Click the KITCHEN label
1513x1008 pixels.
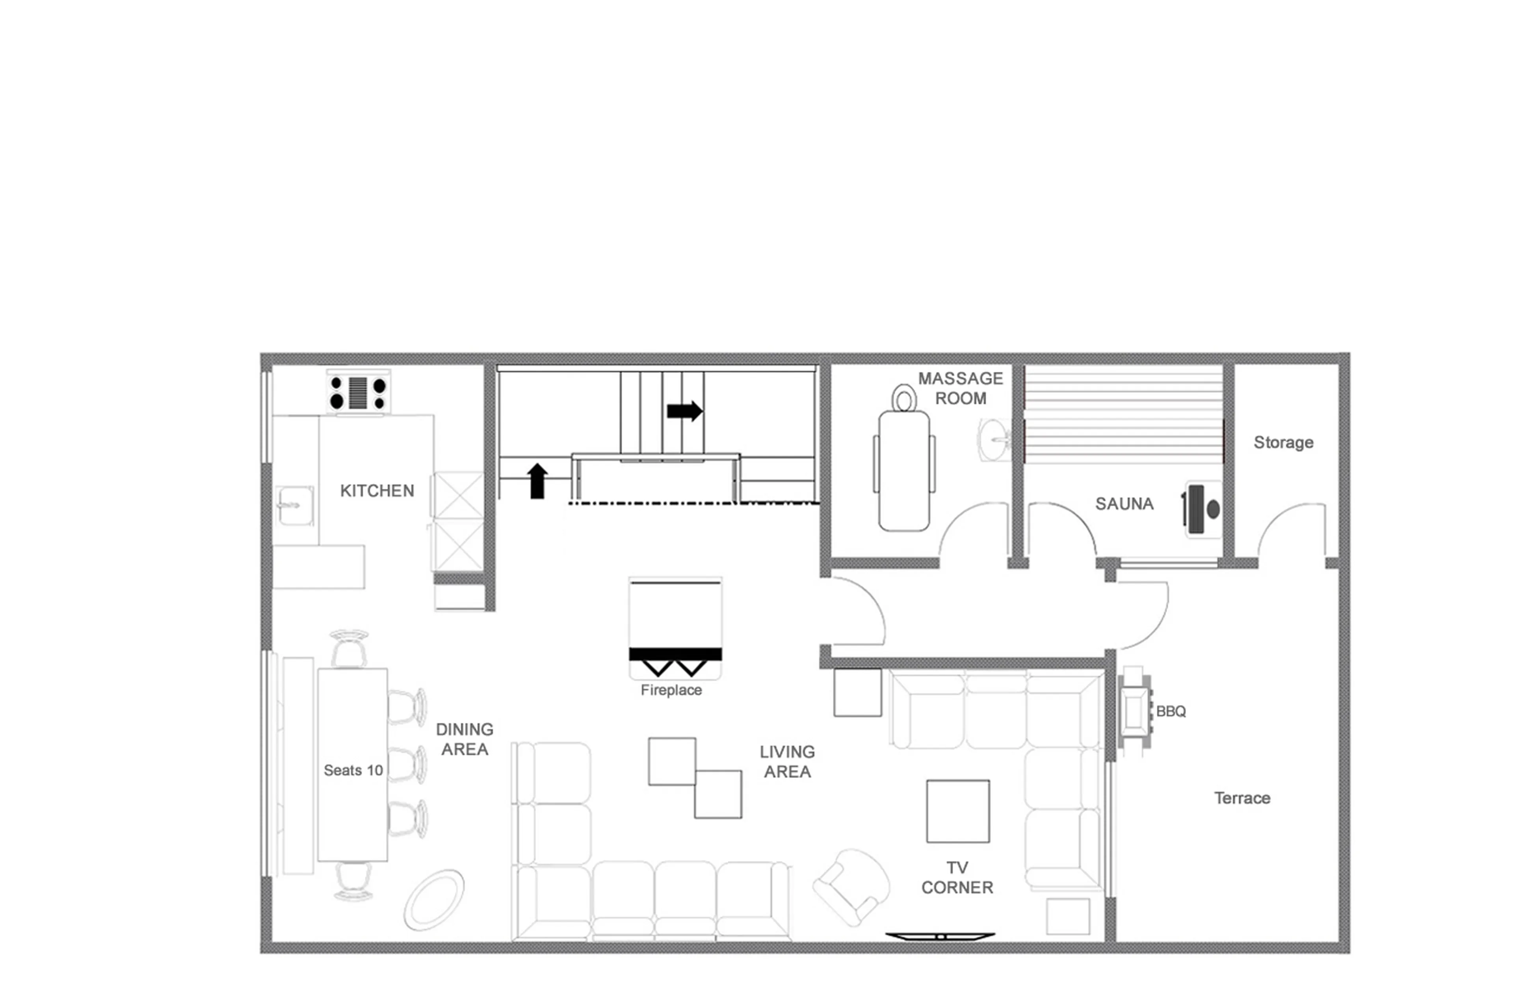pos(377,491)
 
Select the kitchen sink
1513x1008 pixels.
pos(295,505)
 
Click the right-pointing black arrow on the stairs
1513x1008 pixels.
pos(684,411)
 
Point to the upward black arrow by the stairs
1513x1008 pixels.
pos(537,481)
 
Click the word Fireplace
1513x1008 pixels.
pos(671,691)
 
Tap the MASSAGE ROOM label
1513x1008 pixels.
pos(960,388)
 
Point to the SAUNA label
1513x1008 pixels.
pos(1124,504)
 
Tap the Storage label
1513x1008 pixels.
pos(1283,442)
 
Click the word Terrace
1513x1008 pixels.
pos(1242,798)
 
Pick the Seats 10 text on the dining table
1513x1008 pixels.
pos(353,770)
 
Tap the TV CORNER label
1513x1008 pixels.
pos(957,878)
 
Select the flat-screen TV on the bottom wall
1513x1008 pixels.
pos(940,937)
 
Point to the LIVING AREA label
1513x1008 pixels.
pos(787,762)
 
